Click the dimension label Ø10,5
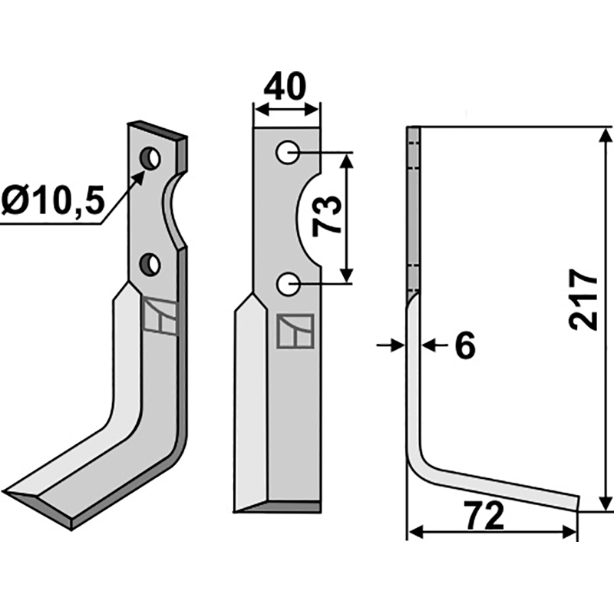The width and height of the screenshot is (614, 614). (52, 203)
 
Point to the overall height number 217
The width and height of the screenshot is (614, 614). (585, 299)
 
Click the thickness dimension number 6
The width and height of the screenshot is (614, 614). (464, 346)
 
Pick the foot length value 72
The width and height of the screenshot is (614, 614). (484, 517)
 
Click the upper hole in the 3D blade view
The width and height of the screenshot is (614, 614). (150, 159)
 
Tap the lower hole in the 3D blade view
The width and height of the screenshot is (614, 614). (150, 266)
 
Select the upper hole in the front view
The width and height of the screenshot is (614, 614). (289, 153)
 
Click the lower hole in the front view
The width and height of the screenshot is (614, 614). (289, 285)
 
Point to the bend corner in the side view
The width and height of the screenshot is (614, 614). (417, 460)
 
